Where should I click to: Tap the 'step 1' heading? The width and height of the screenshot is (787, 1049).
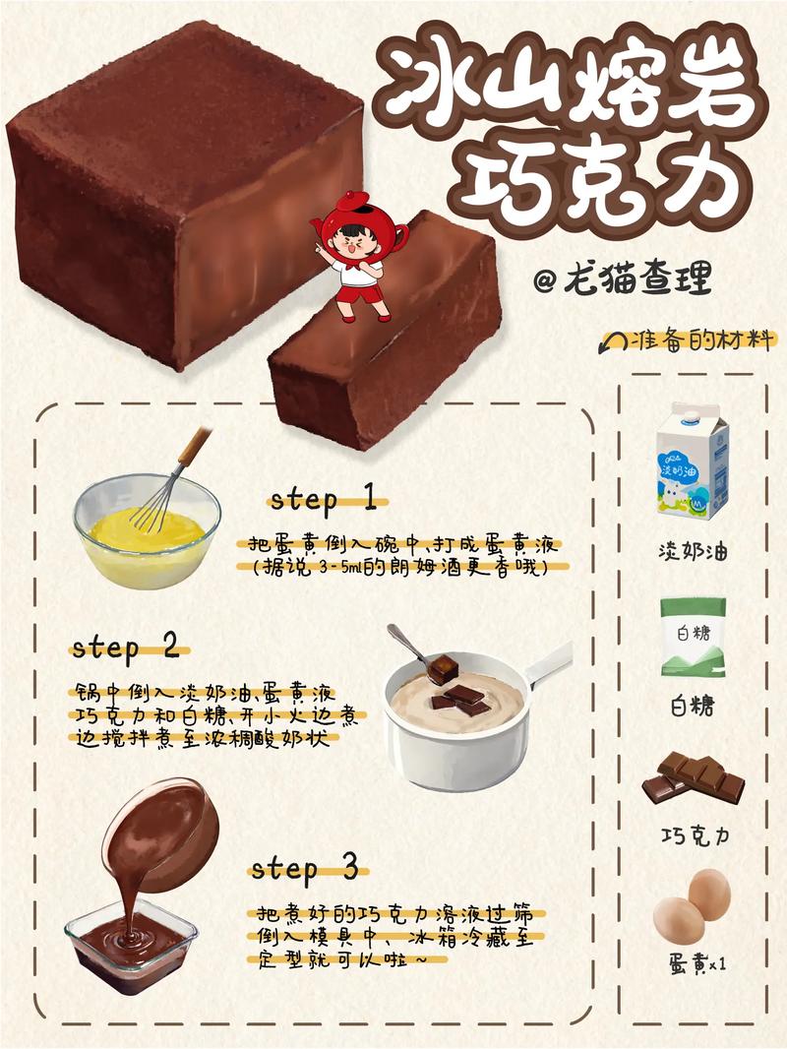point(324,499)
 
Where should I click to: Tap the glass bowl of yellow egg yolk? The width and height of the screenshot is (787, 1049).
point(147,533)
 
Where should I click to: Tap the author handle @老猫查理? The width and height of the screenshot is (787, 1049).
point(622,280)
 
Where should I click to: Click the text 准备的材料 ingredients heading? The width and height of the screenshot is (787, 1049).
point(695,340)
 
